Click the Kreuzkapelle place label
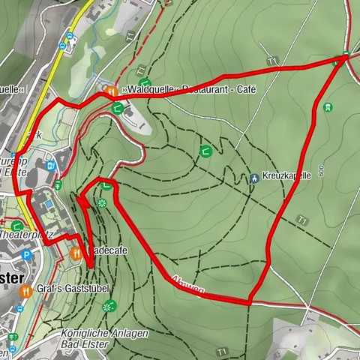(287, 178)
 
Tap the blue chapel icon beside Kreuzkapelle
(256, 178)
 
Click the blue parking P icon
(28, 256)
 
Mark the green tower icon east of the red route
(327, 107)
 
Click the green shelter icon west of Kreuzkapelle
(205, 151)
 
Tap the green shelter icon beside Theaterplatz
(16, 223)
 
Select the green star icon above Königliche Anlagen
(110, 305)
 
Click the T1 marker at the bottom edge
(221, 351)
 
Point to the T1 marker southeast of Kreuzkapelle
(301, 220)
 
